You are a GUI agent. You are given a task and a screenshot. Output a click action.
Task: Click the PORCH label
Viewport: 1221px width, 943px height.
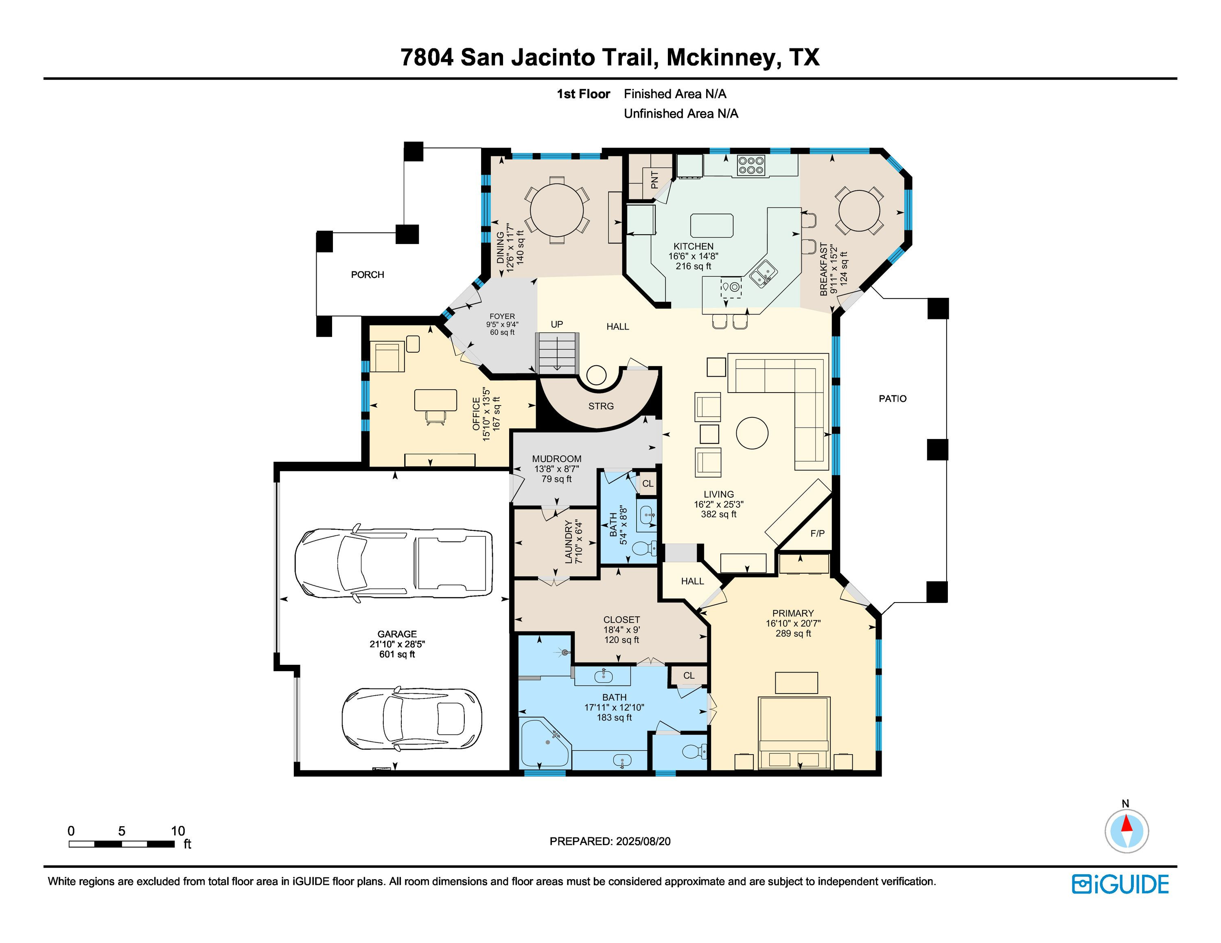coord(367,275)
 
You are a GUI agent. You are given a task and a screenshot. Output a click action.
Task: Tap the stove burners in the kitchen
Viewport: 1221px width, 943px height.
coord(751,165)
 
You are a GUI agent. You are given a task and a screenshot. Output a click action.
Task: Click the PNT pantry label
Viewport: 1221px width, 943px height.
coord(655,180)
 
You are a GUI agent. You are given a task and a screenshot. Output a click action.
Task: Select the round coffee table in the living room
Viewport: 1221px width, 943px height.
coord(752,433)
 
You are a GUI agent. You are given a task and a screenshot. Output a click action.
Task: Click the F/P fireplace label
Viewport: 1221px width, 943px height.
coord(817,533)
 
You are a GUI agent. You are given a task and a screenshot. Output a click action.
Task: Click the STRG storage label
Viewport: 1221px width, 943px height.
coord(601,406)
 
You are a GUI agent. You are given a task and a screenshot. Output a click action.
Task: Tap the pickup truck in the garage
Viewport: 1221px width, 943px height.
coord(394,563)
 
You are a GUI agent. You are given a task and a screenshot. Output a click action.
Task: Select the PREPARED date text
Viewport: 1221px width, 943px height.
coord(610,841)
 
